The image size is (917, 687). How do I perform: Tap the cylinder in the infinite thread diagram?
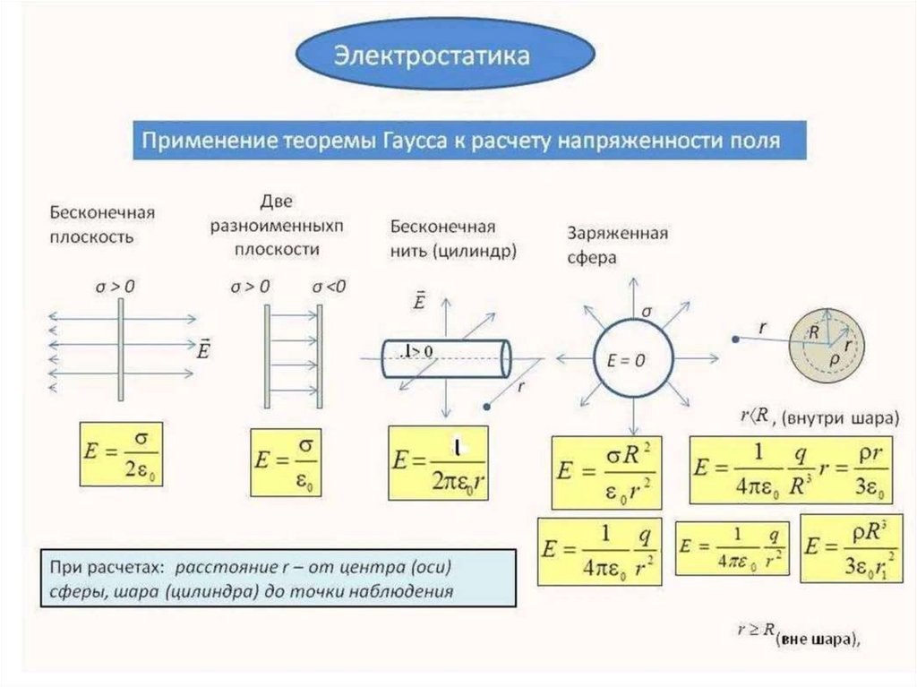[444, 358]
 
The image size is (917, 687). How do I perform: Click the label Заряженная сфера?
[618, 244]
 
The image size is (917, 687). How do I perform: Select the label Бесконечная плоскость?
[102, 225]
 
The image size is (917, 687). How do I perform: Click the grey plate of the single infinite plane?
[119, 349]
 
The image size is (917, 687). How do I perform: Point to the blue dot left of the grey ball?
[734, 339]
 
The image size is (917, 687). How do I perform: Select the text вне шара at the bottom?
[816, 638]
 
